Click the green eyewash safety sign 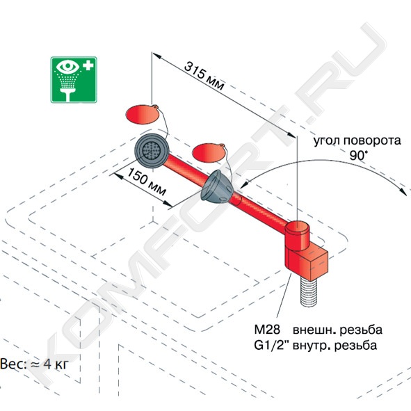pos(74,80)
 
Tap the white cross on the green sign pos(88,65)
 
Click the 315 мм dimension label pos(204,76)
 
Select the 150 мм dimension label pos(147,182)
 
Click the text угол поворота pos(357,140)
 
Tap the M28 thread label pos(267,329)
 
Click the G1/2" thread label pos(271,345)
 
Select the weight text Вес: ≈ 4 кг pos(34,364)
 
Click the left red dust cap pos(143,114)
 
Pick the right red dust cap pos(209,153)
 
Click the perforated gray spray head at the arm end pos(152,150)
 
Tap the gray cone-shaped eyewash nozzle pos(217,187)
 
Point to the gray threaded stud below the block pos(309,291)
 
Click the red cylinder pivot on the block pos(297,235)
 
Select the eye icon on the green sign pos(67,67)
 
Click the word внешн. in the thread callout pos(312,330)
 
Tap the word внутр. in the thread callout pos(312,346)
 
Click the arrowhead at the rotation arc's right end pos(403,191)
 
